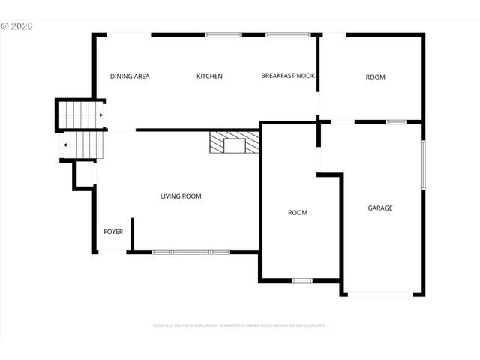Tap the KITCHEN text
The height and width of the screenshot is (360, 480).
[209, 76]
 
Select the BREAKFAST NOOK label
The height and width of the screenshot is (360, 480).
[288, 76]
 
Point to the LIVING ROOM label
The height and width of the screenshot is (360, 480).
[181, 196]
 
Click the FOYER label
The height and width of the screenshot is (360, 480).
[113, 232]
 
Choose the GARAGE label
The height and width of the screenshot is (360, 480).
[379, 208]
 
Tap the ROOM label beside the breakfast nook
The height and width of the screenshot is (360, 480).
[375, 77]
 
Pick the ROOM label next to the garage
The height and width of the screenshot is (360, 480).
[298, 213]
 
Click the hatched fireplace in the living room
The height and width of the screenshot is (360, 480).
[217, 142]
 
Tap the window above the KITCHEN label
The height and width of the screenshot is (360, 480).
[223, 34]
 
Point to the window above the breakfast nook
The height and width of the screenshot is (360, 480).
[288, 34]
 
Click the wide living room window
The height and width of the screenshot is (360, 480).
[190, 252]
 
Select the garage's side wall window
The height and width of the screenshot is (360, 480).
[422, 165]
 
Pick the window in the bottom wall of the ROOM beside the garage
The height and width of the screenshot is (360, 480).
[302, 280]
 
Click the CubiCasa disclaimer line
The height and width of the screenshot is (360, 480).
[240, 325]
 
